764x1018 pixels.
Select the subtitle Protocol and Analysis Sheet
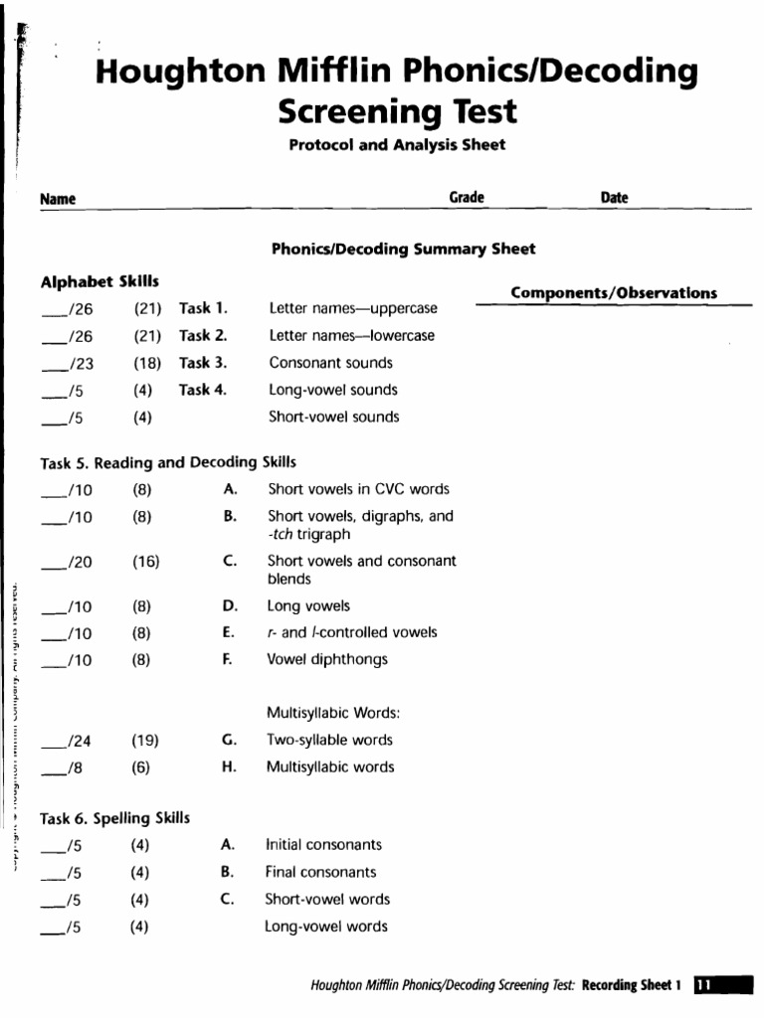click(396, 145)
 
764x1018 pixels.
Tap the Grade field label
click(467, 198)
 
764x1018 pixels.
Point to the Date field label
click(614, 198)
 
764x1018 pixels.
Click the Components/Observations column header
click(613, 292)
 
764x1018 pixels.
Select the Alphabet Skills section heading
click(99, 282)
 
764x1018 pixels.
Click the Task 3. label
click(203, 363)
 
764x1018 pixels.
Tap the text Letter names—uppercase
click(352, 309)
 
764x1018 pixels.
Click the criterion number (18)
click(147, 364)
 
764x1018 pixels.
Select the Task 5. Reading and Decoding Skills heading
click(167, 462)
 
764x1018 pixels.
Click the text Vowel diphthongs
click(327, 659)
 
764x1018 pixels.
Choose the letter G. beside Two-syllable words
click(229, 740)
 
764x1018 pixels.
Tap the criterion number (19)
click(145, 741)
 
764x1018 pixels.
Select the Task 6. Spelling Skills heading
click(114, 818)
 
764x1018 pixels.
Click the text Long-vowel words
click(325, 927)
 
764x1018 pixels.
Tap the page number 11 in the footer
click(702, 985)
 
